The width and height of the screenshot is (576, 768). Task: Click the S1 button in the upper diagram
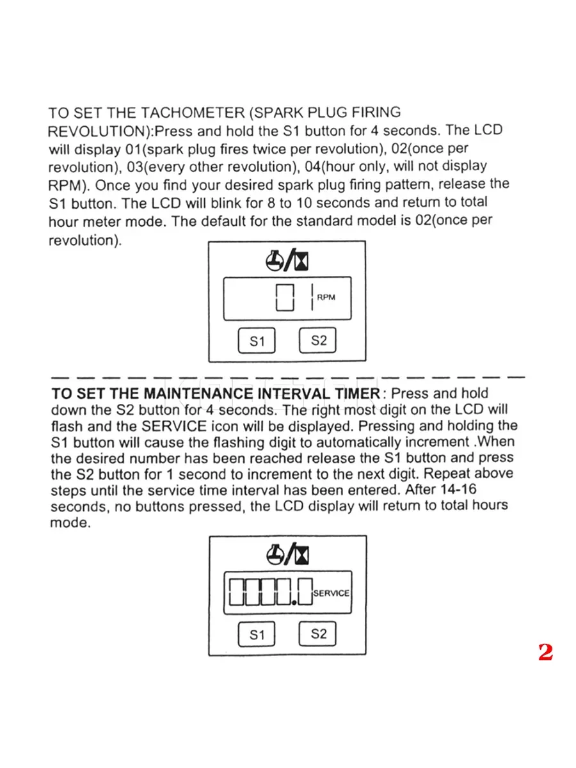[x=257, y=341]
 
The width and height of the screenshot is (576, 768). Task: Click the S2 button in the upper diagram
[x=317, y=340]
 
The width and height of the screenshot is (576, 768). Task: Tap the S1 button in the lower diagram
[x=257, y=635]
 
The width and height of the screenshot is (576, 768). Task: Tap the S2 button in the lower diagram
[x=317, y=634]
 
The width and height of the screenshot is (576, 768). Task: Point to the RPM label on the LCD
[x=326, y=298]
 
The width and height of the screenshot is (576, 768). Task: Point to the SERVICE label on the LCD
[x=331, y=593]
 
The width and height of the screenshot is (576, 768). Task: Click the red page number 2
[x=545, y=652]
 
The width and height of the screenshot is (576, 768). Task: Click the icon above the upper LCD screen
[x=287, y=260]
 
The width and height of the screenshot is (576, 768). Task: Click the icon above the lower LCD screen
[x=287, y=554]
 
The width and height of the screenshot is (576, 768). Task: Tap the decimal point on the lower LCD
[x=292, y=602]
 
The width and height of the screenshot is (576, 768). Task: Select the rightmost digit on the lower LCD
[x=304, y=592]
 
